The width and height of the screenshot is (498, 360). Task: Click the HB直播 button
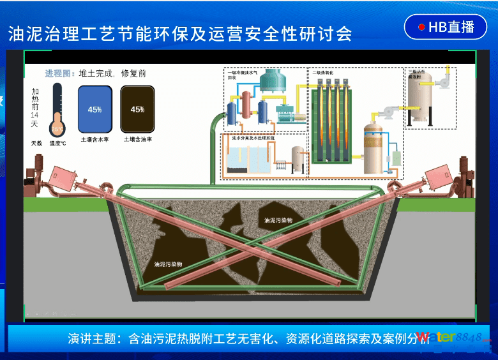(x=446, y=27)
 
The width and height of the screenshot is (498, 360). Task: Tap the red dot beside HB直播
(x=421, y=27)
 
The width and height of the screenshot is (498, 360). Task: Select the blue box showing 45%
(x=95, y=109)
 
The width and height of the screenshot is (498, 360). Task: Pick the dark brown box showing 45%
(x=137, y=109)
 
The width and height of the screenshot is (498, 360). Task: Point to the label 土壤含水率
(x=94, y=139)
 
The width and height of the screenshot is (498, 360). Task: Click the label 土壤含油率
(x=137, y=139)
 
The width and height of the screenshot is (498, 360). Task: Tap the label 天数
(x=36, y=143)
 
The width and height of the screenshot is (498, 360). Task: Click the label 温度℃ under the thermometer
(x=59, y=143)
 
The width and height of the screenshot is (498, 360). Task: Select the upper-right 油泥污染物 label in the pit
(x=278, y=220)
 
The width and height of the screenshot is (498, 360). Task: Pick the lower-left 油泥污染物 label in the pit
(x=169, y=263)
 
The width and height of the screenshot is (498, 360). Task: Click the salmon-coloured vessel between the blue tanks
(x=246, y=105)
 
